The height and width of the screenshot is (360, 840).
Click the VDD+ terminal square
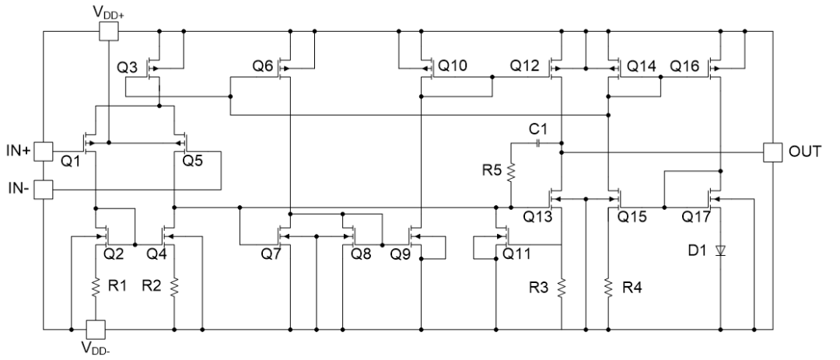(109, 31)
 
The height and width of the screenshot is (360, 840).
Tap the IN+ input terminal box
(44, 151)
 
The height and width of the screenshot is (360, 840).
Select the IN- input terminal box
(44, 188)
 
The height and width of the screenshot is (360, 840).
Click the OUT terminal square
(772, 152)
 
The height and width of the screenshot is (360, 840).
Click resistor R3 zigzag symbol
(561, 287)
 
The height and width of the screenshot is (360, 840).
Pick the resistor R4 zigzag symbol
(607, 287)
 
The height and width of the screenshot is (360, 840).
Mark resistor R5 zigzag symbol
(511, 171)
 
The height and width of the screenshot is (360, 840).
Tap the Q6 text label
(263, 67)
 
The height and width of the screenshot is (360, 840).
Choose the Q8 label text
(361, 253)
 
